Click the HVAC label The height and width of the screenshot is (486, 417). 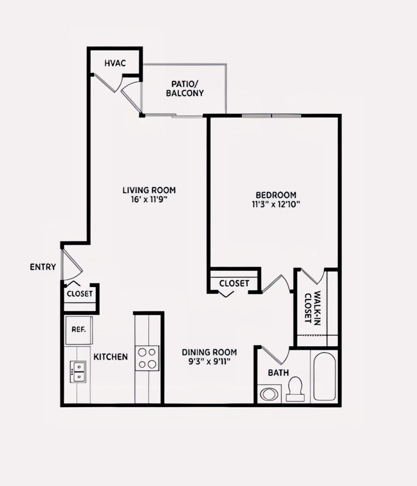[x=115, y=63]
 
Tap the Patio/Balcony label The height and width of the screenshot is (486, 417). [x=185, y=88]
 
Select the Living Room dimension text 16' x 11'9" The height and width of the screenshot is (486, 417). [x=149, y=199]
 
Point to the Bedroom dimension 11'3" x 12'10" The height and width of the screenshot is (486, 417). [x=276, y=204]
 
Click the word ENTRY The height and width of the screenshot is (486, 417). [x=43, y=267]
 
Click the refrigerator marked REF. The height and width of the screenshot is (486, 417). [x=79, y=330]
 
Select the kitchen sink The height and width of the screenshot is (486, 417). [x=78, y=372]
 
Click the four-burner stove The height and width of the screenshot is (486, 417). [x=147, y=358]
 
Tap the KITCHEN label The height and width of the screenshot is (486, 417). [x=111, y=357]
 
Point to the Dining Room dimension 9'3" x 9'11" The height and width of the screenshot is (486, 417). [x=209, y=361]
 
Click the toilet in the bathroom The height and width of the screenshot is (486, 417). [x=295, y=389]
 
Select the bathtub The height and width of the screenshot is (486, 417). [x=324, y=376]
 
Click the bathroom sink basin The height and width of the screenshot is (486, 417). [x=269, y=394]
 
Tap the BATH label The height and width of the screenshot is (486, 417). [x=278, y=373]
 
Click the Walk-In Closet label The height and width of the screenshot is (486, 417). [x=313, y=308]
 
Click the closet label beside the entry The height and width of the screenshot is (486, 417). [x=80, y=294]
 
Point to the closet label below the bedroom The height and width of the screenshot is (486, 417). [x=234, y=283]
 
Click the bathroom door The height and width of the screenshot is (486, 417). [x=275, y=356]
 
